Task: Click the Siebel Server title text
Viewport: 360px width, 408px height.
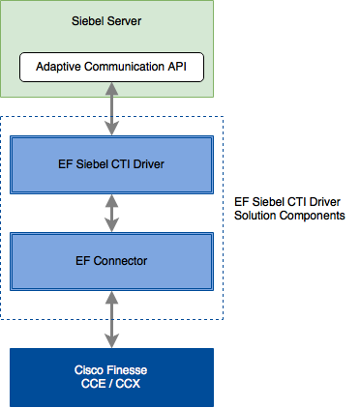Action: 111,20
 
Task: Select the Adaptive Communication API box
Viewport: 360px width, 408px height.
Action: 112,67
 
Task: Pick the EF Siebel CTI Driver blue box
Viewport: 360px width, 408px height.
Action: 110,163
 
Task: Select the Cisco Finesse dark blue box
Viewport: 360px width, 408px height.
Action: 110,377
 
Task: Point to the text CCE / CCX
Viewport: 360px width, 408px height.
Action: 110,384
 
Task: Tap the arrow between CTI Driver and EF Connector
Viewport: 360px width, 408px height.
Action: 115,211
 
